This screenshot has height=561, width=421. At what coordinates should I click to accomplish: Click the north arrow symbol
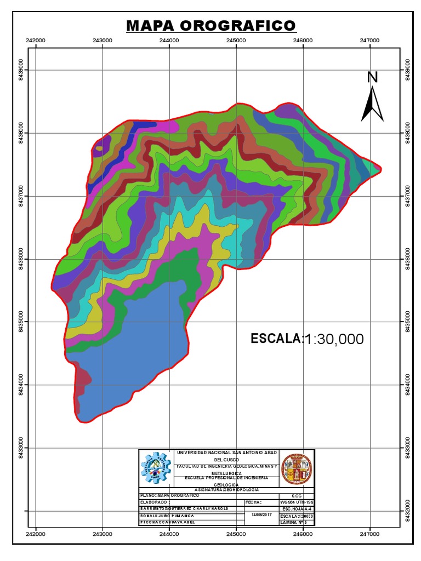point(372,104)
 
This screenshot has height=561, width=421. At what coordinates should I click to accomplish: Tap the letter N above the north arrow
point(373,77)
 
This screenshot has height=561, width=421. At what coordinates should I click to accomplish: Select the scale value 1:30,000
point(334,339)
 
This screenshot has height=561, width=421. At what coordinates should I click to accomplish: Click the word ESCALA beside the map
point(276,339)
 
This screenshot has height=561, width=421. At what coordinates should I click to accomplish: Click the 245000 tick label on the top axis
point(236,41)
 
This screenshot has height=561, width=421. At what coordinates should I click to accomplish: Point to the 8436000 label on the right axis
point(406,259)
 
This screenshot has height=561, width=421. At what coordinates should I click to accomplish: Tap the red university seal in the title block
point(297,469)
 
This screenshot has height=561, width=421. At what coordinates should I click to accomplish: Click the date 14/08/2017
point(261,515)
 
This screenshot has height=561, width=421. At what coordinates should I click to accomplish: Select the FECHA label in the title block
point(254,501)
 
